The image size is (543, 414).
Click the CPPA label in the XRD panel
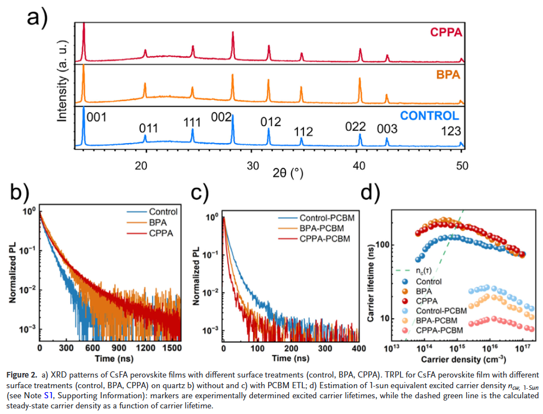coord(446,32)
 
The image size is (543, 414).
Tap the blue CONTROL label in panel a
coord(429,116)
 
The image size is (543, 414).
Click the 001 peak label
coord(95,117)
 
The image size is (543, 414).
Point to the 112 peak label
coord(303,131)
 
